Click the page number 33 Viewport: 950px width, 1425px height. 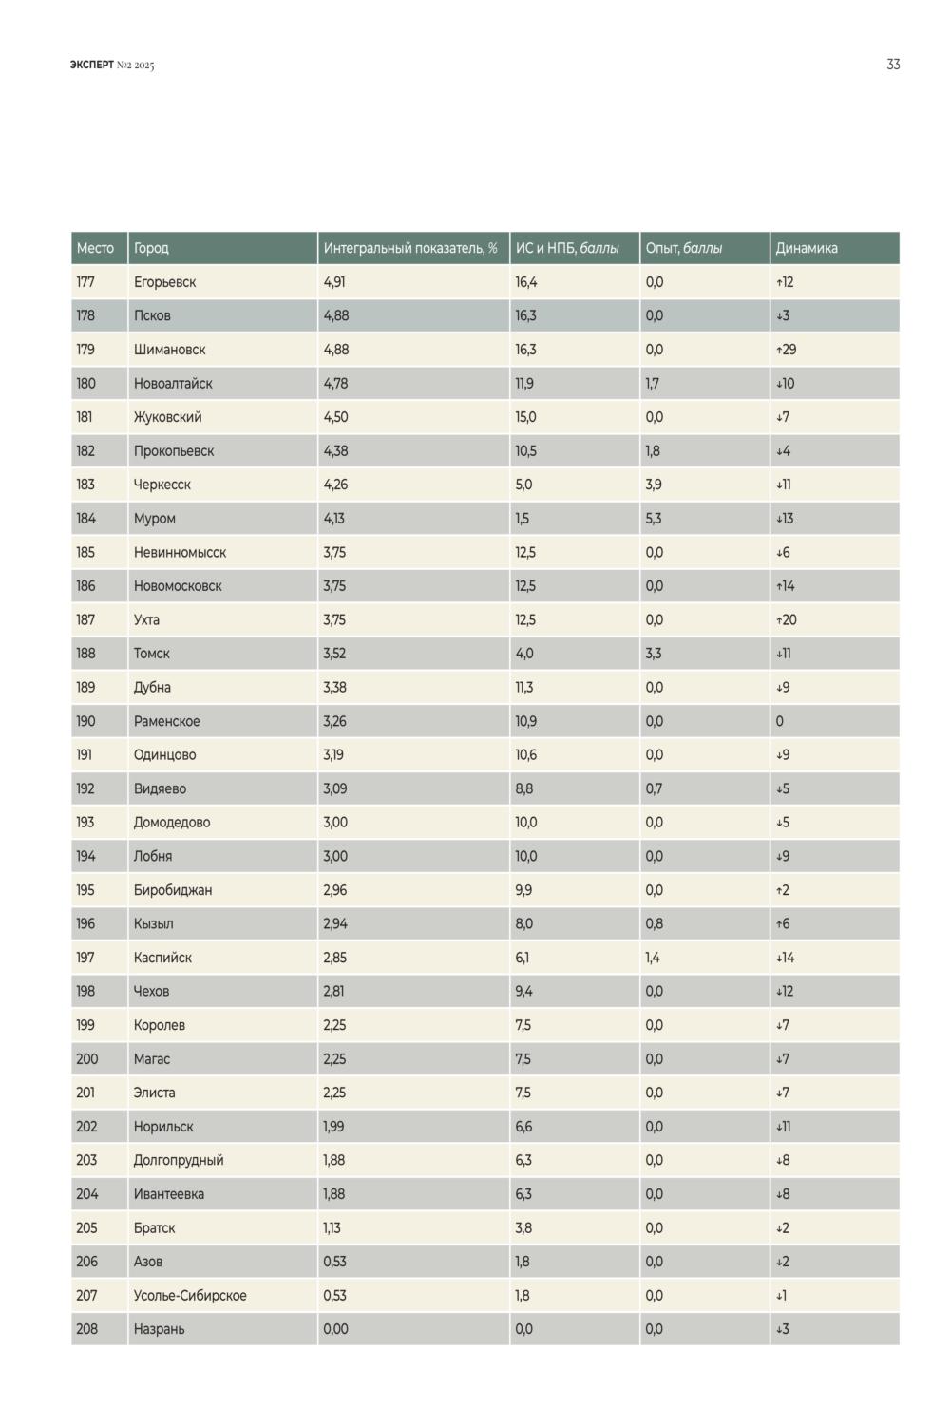893,65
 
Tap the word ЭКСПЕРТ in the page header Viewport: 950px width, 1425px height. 91,65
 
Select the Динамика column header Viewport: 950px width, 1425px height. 807,248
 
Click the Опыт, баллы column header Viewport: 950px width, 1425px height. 683,248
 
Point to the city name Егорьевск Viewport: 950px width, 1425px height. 164,282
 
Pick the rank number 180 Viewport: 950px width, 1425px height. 85,384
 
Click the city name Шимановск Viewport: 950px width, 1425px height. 169,350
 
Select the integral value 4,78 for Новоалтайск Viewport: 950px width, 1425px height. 335,384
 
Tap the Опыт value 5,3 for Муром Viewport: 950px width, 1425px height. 653,519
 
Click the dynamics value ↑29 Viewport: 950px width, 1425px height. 786,350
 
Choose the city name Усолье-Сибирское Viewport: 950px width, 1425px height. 190,1295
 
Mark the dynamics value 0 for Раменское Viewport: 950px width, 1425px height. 779,721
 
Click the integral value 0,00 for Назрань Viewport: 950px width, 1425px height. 335,1329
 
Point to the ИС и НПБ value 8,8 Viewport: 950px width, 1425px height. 523,788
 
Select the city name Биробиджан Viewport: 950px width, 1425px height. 173,890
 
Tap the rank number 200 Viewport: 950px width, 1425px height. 87,1058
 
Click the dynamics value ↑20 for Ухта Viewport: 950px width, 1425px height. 786,619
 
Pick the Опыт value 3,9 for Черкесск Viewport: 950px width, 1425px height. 653,484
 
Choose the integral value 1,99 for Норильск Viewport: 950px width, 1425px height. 333,1127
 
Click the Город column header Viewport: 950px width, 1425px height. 151,248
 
